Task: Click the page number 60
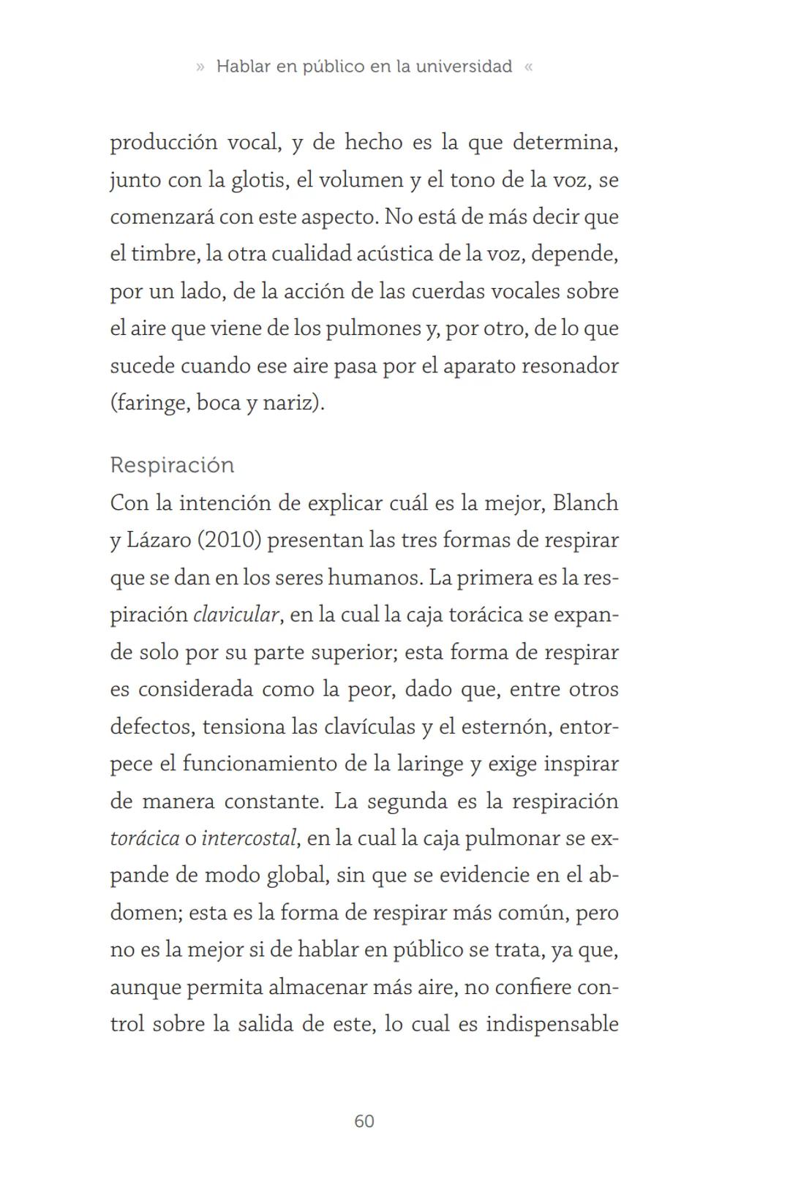(364, 1121)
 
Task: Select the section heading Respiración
(172, 465)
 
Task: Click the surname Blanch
(585, 503)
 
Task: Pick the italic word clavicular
(236, 615)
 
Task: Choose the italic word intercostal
(249, 838)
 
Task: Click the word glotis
(257, 180)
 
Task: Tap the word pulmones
(373, 328)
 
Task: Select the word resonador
(570, 366)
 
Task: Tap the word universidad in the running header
(464, 67)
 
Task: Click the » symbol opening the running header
(200, 67)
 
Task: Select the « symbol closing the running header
(529, 67)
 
